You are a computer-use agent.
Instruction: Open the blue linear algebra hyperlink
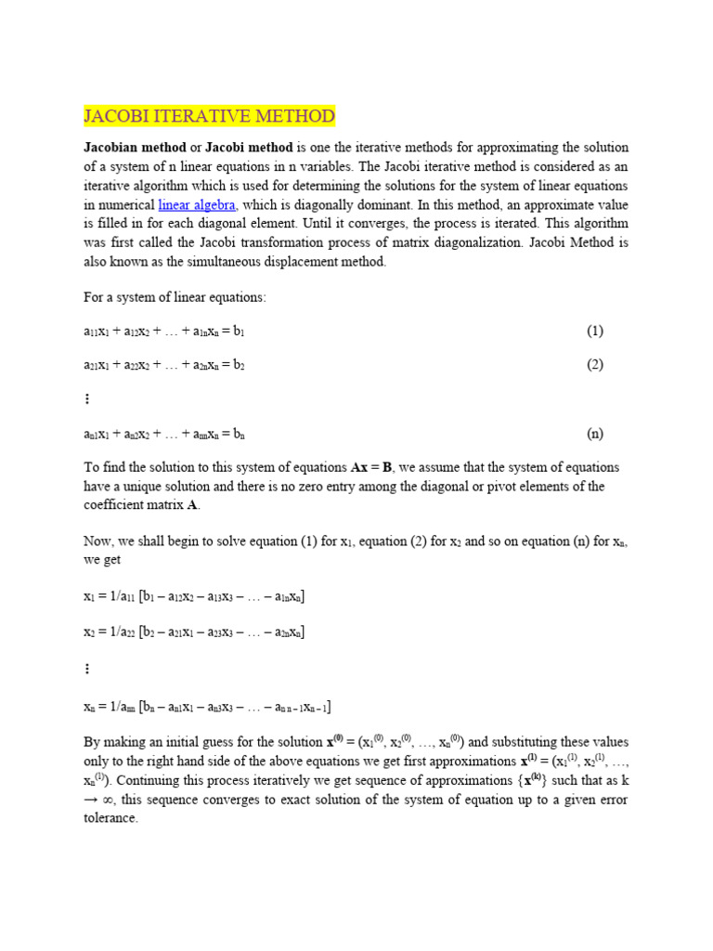[197, 205]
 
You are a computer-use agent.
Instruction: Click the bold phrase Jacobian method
[135, 148]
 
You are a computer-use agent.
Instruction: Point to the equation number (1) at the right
[595, 331]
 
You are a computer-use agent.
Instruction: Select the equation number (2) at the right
[595, 364]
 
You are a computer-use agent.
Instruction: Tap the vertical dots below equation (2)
[87, 398]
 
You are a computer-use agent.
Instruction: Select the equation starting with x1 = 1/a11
[194, 596]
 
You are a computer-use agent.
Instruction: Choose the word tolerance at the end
[110, 818]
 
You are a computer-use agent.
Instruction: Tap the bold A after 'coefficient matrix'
[192, 505]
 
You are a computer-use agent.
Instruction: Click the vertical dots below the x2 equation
[87, 668]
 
